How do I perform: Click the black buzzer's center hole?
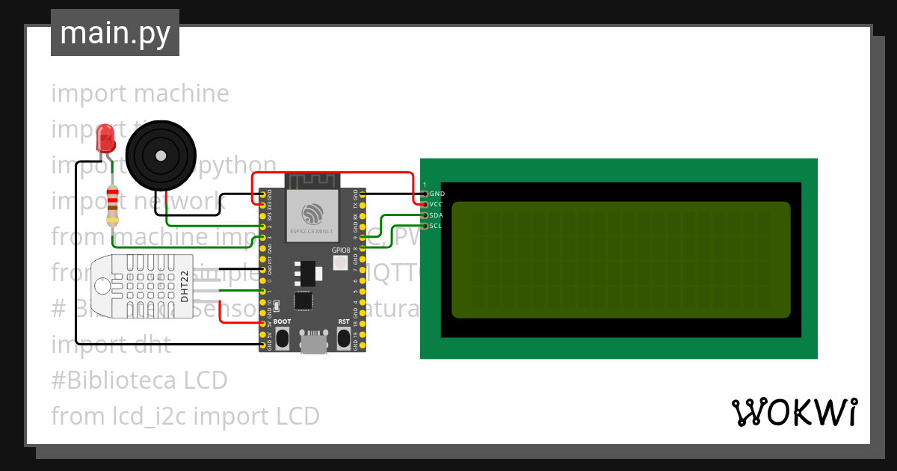pyautogui.click(x=160, y=156)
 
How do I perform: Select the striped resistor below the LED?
pyautogui.click(x=112, y=206)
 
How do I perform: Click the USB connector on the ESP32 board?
pyautogui.click(x=313, y=343)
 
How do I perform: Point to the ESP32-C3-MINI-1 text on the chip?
pyautogui.click(x=312, y=232)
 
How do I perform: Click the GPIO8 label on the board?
pyautogui.click(x=341, y=250)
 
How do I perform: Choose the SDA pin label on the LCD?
pyautogui.click(x=437, y=215)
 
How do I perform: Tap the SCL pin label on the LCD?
pyautogui.click(x=437, y=226)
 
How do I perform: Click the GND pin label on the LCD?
pyautogui.click(x=438, y=194)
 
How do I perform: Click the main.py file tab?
pyautogui.click(x=115, y=33)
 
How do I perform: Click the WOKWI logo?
pyautogui.click(x=794, y=413)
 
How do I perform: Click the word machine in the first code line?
pyautogui.click(x=182, y=93)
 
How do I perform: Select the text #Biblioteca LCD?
pyautogui.click(x=139, y=381)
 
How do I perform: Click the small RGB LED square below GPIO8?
pyautogui.click(x=341, y=263)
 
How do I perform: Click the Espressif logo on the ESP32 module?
pyautogui.click(x=312, y=211)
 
